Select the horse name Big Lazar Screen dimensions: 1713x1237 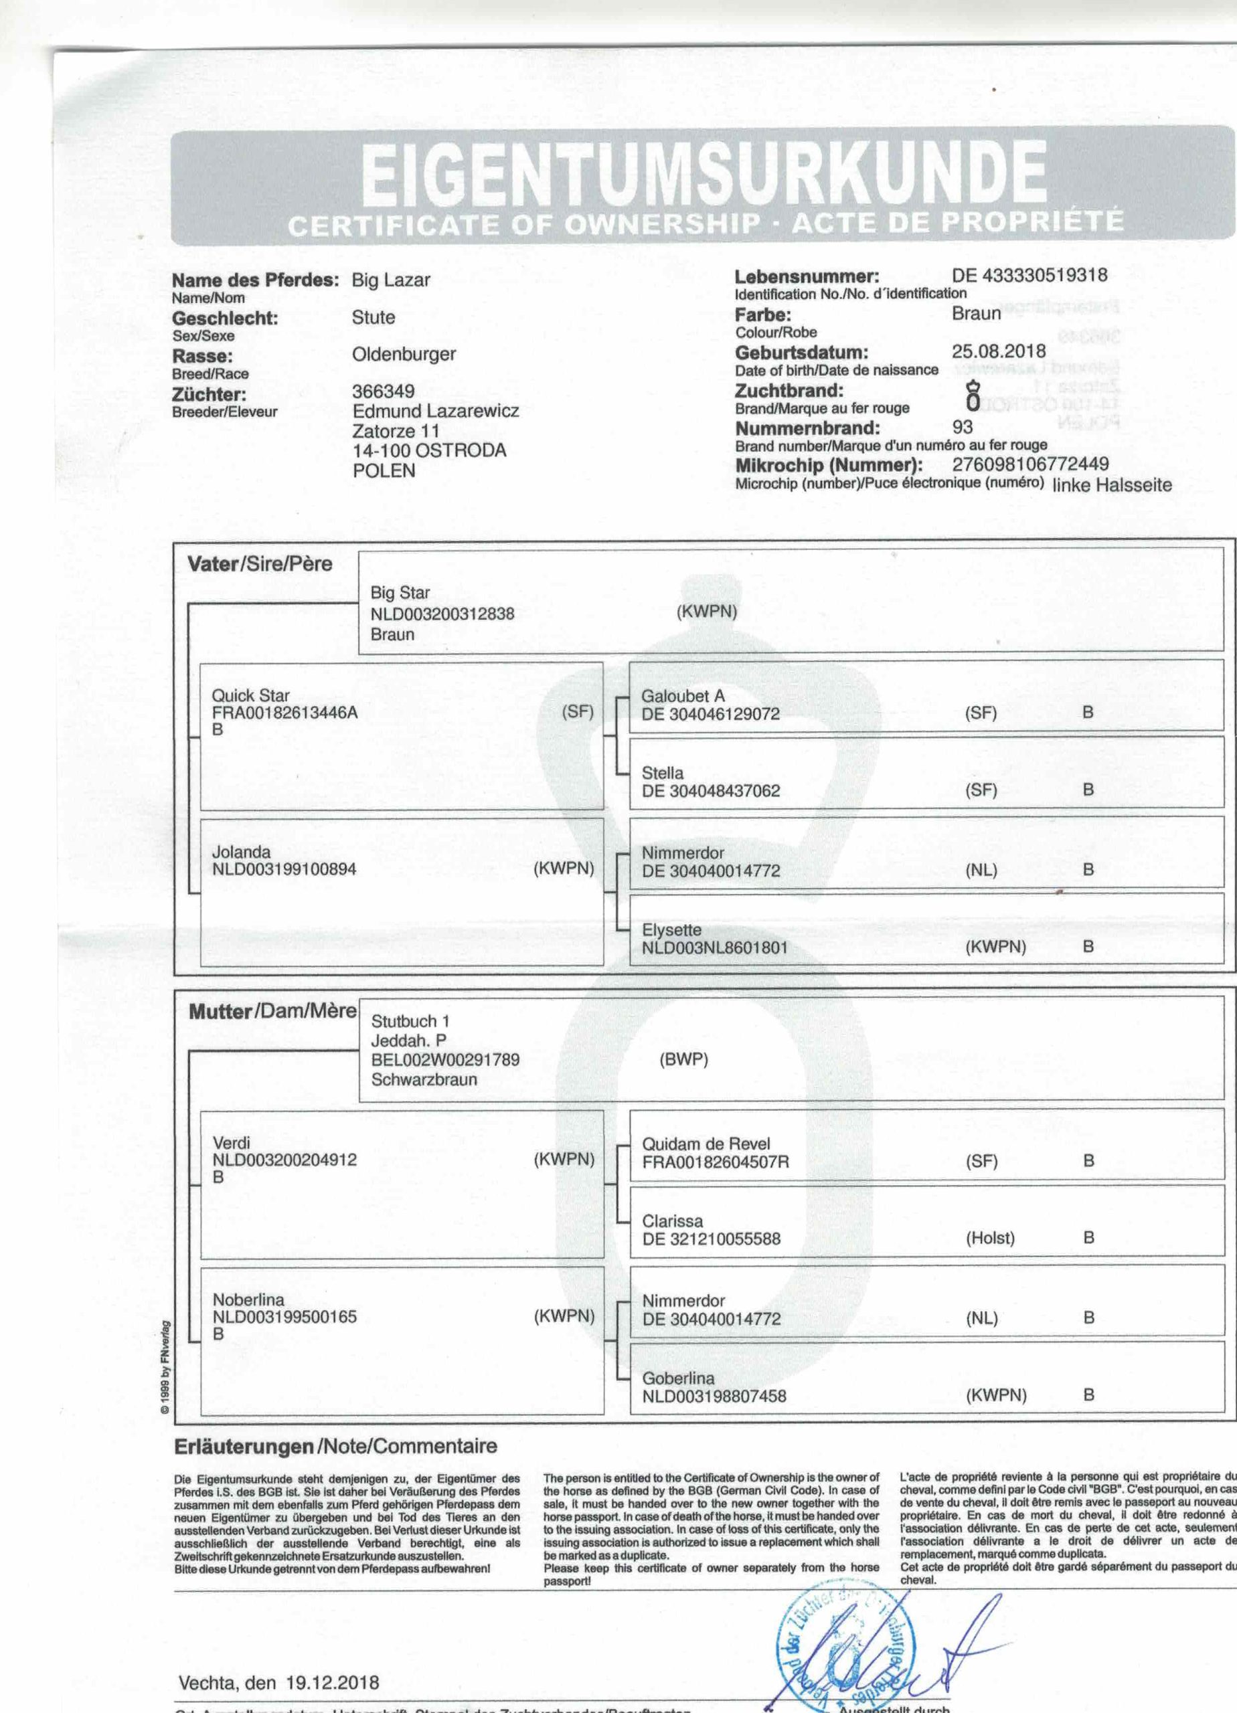pos(391,280)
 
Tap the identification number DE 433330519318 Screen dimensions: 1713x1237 pos(1030,275)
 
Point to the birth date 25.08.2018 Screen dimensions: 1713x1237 pos(999,351)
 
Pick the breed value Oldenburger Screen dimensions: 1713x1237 pos(404,354)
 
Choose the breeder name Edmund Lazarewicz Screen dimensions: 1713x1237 pos(435,412)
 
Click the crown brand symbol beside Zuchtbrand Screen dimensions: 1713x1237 pos(974,397)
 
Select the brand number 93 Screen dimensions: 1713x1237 pos(963,427)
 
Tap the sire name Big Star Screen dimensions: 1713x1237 pos(400,594)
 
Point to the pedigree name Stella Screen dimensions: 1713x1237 pos(663,774)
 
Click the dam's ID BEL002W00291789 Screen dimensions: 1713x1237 pos(445,1060)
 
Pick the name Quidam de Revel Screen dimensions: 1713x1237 pos(706,1144)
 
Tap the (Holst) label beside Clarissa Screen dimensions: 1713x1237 pos(990,1238)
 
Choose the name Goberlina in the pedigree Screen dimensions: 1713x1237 pos(678,1378)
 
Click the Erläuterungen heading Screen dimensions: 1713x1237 pos(244,1447)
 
